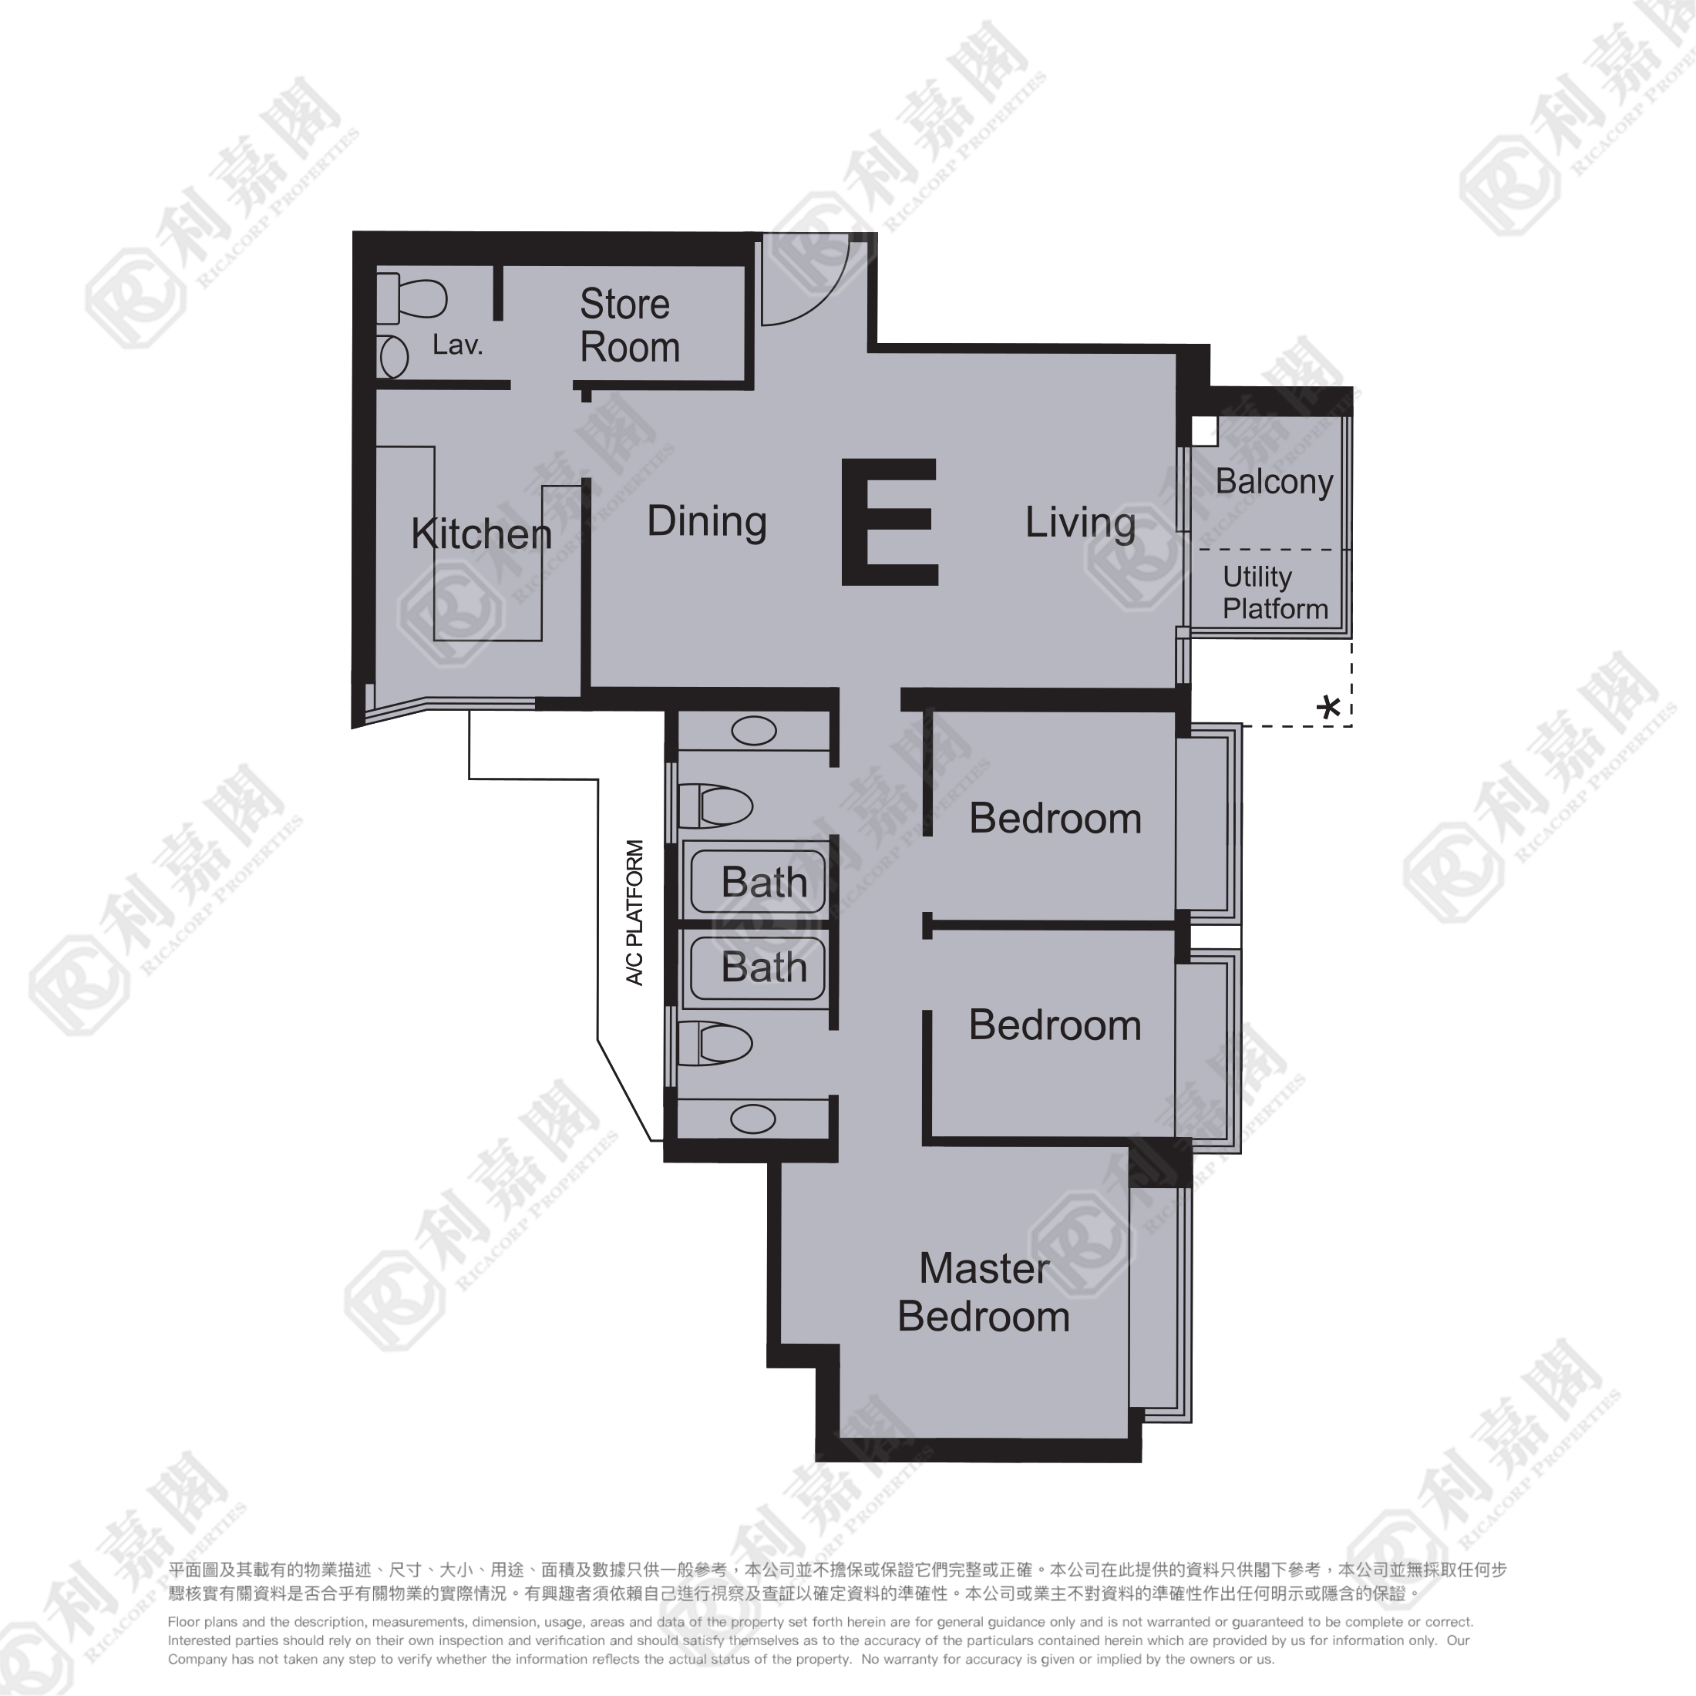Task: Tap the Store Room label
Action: (x=628, y=325)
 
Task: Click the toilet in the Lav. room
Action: (x=412, y=298)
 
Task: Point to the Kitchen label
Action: (x=481, y=533)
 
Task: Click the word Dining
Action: (x=707, y=521)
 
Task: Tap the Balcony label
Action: (x=1274, y=481)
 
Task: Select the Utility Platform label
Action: (x=1274, y=593)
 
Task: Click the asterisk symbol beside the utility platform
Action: (x=1329, y=707)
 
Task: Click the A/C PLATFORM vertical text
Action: (x=634, y=912)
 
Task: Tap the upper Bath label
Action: (x=764, y=882)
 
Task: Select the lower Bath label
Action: (x=764, y=967)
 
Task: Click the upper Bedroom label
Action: (x=1055, y=818)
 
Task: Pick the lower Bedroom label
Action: (x=1055, y=1025)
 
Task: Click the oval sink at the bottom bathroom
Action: (x=753, y=1119)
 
